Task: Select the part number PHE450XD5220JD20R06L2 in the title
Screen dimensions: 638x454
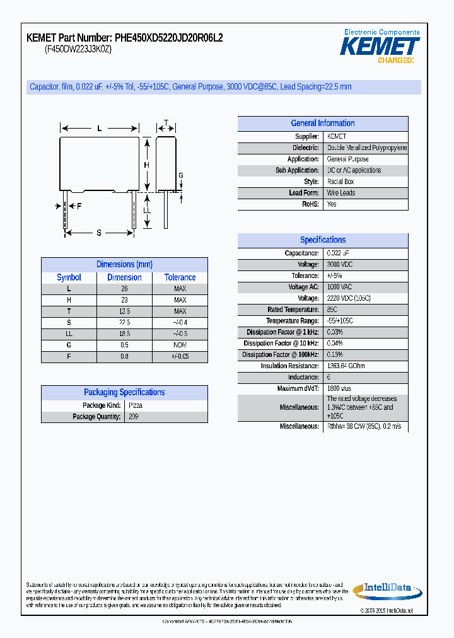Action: [168, 38]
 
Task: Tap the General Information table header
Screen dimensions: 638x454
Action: [322, 124]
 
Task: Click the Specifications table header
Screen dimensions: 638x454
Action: [322, 240]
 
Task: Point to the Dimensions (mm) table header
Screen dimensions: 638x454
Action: [124, 265]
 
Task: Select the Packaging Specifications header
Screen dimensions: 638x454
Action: [124, 392]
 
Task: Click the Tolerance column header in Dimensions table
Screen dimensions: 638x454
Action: [180, 277]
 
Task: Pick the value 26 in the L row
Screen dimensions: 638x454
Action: [124, 289]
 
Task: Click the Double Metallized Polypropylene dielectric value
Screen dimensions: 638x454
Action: [366, 148]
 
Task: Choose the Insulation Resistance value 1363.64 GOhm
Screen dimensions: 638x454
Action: [346, 366]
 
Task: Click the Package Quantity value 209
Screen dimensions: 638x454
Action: [133, 417]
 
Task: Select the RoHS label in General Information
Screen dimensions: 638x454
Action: [311, 204]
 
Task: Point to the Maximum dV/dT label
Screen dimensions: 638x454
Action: [298, 389]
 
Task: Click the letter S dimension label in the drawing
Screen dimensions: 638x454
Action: [99, 233]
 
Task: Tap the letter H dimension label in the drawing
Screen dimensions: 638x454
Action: [146, 165]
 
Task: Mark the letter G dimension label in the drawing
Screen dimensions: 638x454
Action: [180, 175]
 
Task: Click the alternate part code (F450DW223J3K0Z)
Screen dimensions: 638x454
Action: [78, 50]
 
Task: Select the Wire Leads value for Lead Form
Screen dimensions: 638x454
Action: [340, 193]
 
